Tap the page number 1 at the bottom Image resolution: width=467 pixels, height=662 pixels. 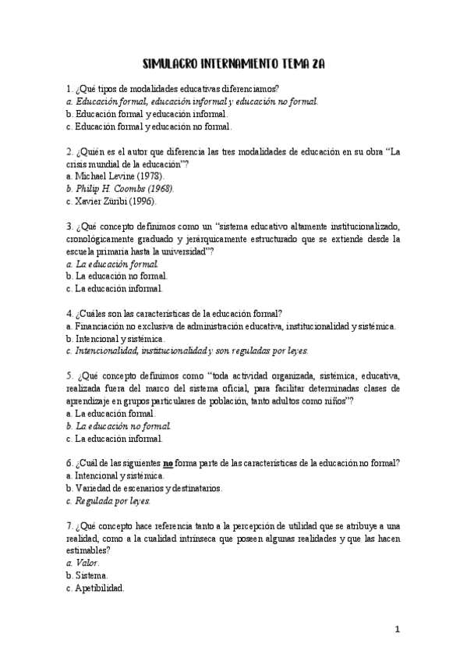[x=397, y=628]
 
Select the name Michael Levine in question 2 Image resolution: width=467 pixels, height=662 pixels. [x=101, y=176]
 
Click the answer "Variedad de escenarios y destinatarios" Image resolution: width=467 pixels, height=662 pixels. [x=147, y=488]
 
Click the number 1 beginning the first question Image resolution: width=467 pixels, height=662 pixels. [x=69, y=88]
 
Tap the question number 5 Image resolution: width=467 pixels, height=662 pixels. [x=69, y=375]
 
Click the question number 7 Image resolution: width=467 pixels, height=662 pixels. [x=69, y=525]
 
